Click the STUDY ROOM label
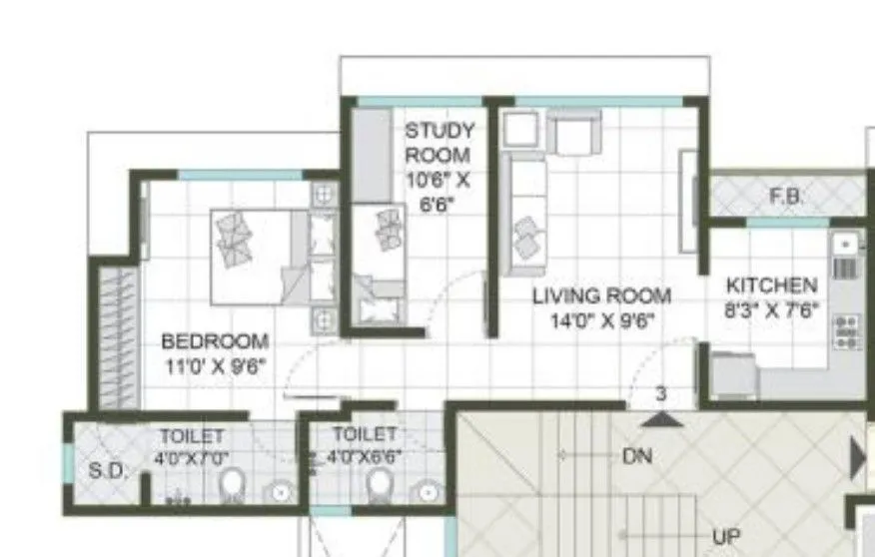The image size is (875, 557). pyautogui.click(x=438, y=143)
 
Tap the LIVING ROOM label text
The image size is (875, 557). pyautogui.click(x=600, y=296)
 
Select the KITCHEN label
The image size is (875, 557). pyautogui.click(x=772, y=284)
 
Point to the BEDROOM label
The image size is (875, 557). pyautogui.click(x=215, y=341)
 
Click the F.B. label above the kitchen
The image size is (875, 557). pyautogui.click(x=786, y=197)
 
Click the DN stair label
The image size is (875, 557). pyautogui.click(x=637, y=456)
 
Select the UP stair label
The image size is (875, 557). pyautogui.click(x=726, y=536)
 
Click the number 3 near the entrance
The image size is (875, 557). pyautogui.click(x=660, y=394)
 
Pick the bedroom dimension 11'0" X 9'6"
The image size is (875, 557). pyautogui.click(x=215, y=365)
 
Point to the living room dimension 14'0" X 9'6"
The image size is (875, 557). pyautogui.click(x=600, y=320)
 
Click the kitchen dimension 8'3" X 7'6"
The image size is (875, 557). pyautogui.click(x=772, y=309)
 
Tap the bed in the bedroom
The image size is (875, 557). pyautogui.click(x=255, y=257)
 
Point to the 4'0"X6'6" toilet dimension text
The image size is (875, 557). pyautogui.click(x=366, y=459)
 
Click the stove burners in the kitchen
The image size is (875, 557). pyautogui.click(x=847, y=331)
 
